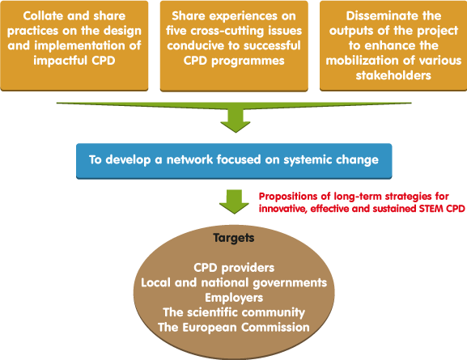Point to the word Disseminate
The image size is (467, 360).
tap(379, 16)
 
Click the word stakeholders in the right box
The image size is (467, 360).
tap(393, 75)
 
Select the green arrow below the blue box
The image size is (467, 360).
tap(234, 201)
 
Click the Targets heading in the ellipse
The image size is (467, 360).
tap(234, 238)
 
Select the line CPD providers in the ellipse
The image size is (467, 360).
tap(234, 268)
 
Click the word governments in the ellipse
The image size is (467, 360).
tap(290, 283)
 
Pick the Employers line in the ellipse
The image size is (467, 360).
tap(234, 298)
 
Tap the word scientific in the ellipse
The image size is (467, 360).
tap(212, 312)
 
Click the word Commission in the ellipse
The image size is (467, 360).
tap(275, 328)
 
